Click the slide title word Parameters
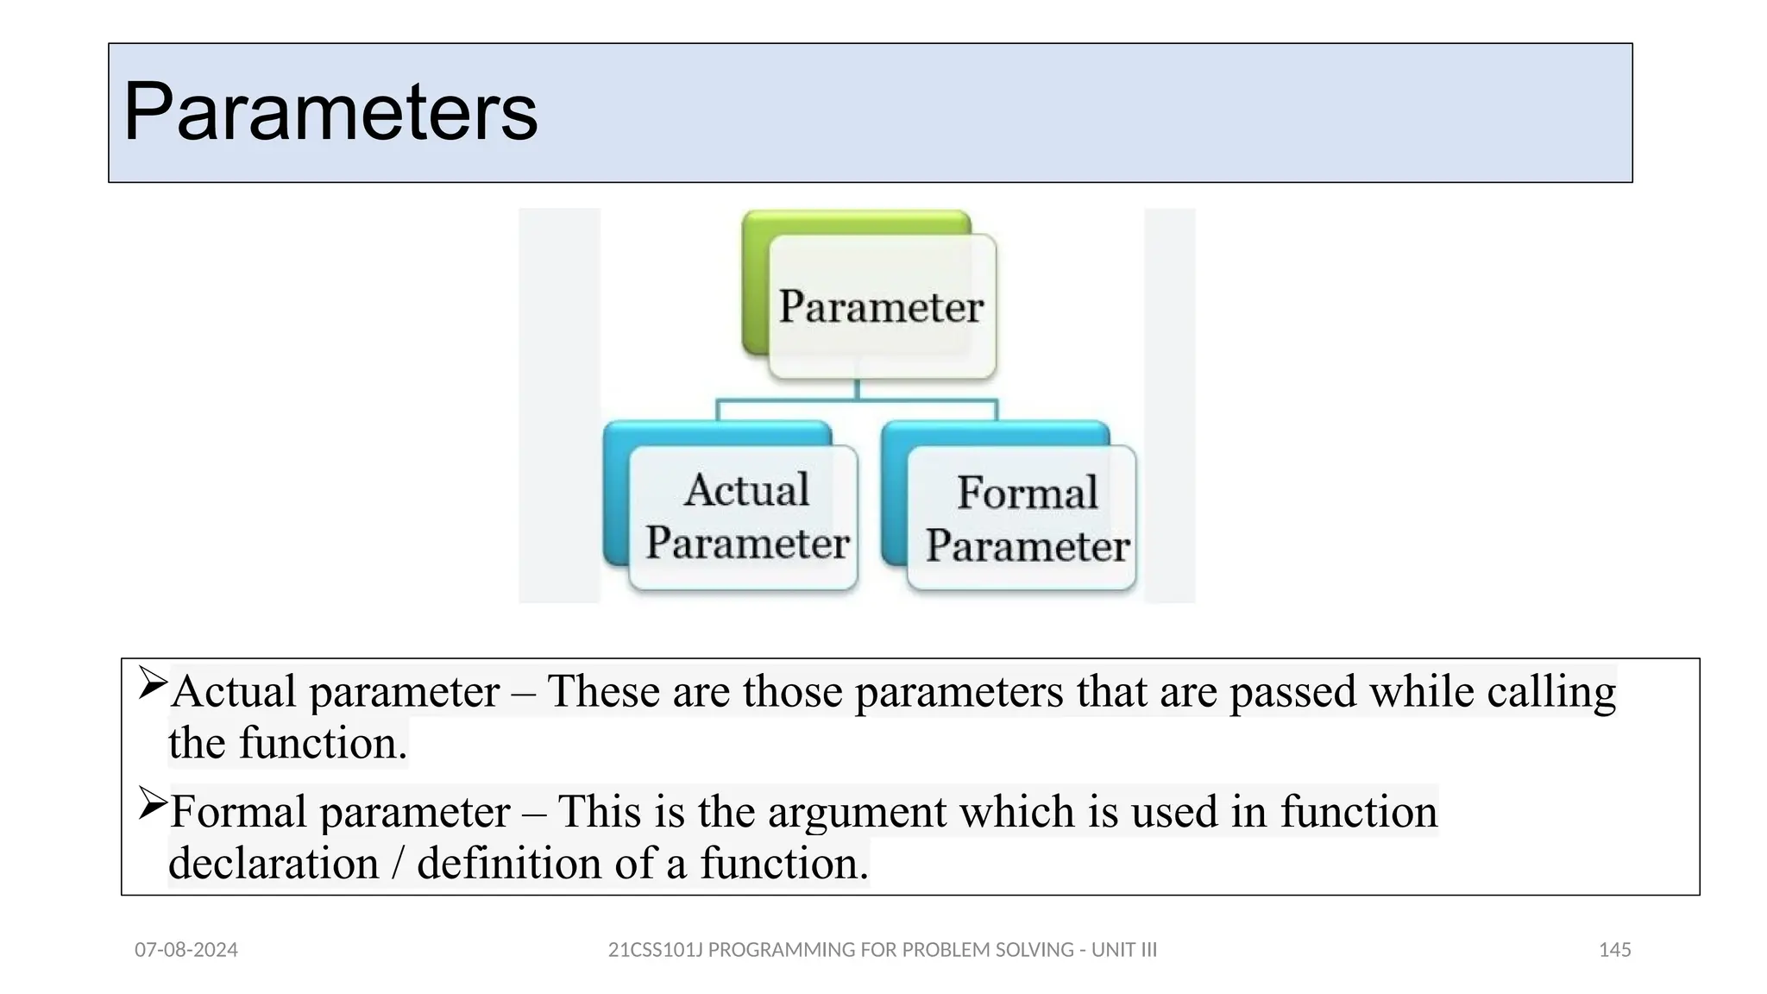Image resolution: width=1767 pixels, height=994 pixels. point(330,112)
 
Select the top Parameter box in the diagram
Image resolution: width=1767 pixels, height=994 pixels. point(881,306)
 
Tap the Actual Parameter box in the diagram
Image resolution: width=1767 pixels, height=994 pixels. point(746,517)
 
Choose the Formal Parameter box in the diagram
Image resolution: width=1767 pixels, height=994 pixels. point(1027,519)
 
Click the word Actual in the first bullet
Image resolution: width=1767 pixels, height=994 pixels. point(234,691)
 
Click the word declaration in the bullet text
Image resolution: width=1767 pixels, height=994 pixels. point(274,864)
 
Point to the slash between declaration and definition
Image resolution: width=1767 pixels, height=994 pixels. point(398,864)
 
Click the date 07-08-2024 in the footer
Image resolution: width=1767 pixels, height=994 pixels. point(186,950)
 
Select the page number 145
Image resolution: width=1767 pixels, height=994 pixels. point(1614,950)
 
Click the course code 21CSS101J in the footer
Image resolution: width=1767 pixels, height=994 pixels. point(656,950)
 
